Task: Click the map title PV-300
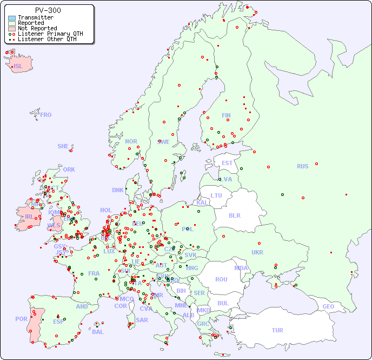(x=48, y=10)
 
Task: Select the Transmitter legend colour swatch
(x=12, y=18)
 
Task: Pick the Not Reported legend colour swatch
(x=12, y=29)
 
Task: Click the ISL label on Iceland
(x=18, y=67)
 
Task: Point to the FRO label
(x=45, y=115)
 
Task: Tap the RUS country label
(x=302, y=166)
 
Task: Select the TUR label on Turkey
(x=277, y=330)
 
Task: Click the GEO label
(x=328, y=306)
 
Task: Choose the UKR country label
(x=257, y=252)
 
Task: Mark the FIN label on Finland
(x=226, y=115)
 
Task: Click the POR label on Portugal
(x=21, y=319)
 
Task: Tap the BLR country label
(x=234, y=215)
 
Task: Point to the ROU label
(x=221, y=279)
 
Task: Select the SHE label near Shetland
(x=63, y=146)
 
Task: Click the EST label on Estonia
(x=227, y=163)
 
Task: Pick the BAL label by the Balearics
(x=98, y=332)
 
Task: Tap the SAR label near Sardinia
(x=142, y=319)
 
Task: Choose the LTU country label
(x=216, y=195)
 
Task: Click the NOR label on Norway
(x=131, y=141)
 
